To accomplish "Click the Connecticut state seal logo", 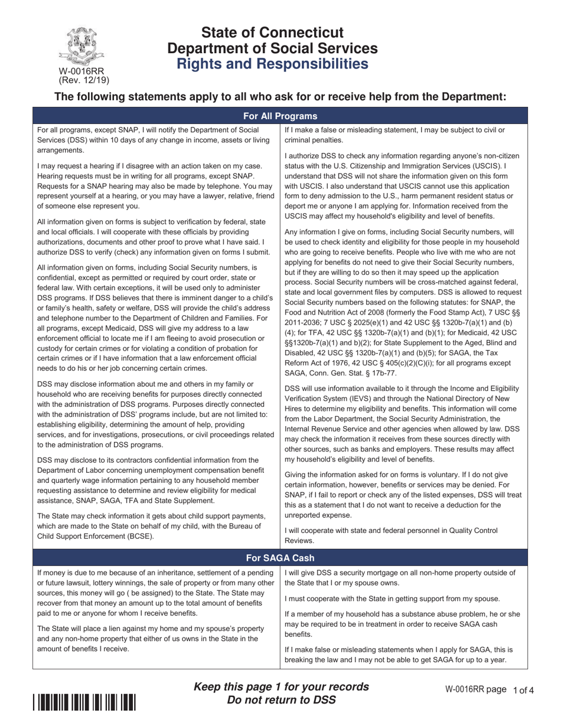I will click(83, 46).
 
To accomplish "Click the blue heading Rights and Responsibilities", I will click(272, 64).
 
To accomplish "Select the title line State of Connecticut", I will click(272, 32).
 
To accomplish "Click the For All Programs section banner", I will click(280, 116).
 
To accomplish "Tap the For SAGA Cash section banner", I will click(280, 558).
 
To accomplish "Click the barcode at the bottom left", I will click(84, 702).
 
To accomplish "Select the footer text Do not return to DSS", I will click(281, 700).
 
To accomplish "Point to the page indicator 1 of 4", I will click(523, 690).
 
